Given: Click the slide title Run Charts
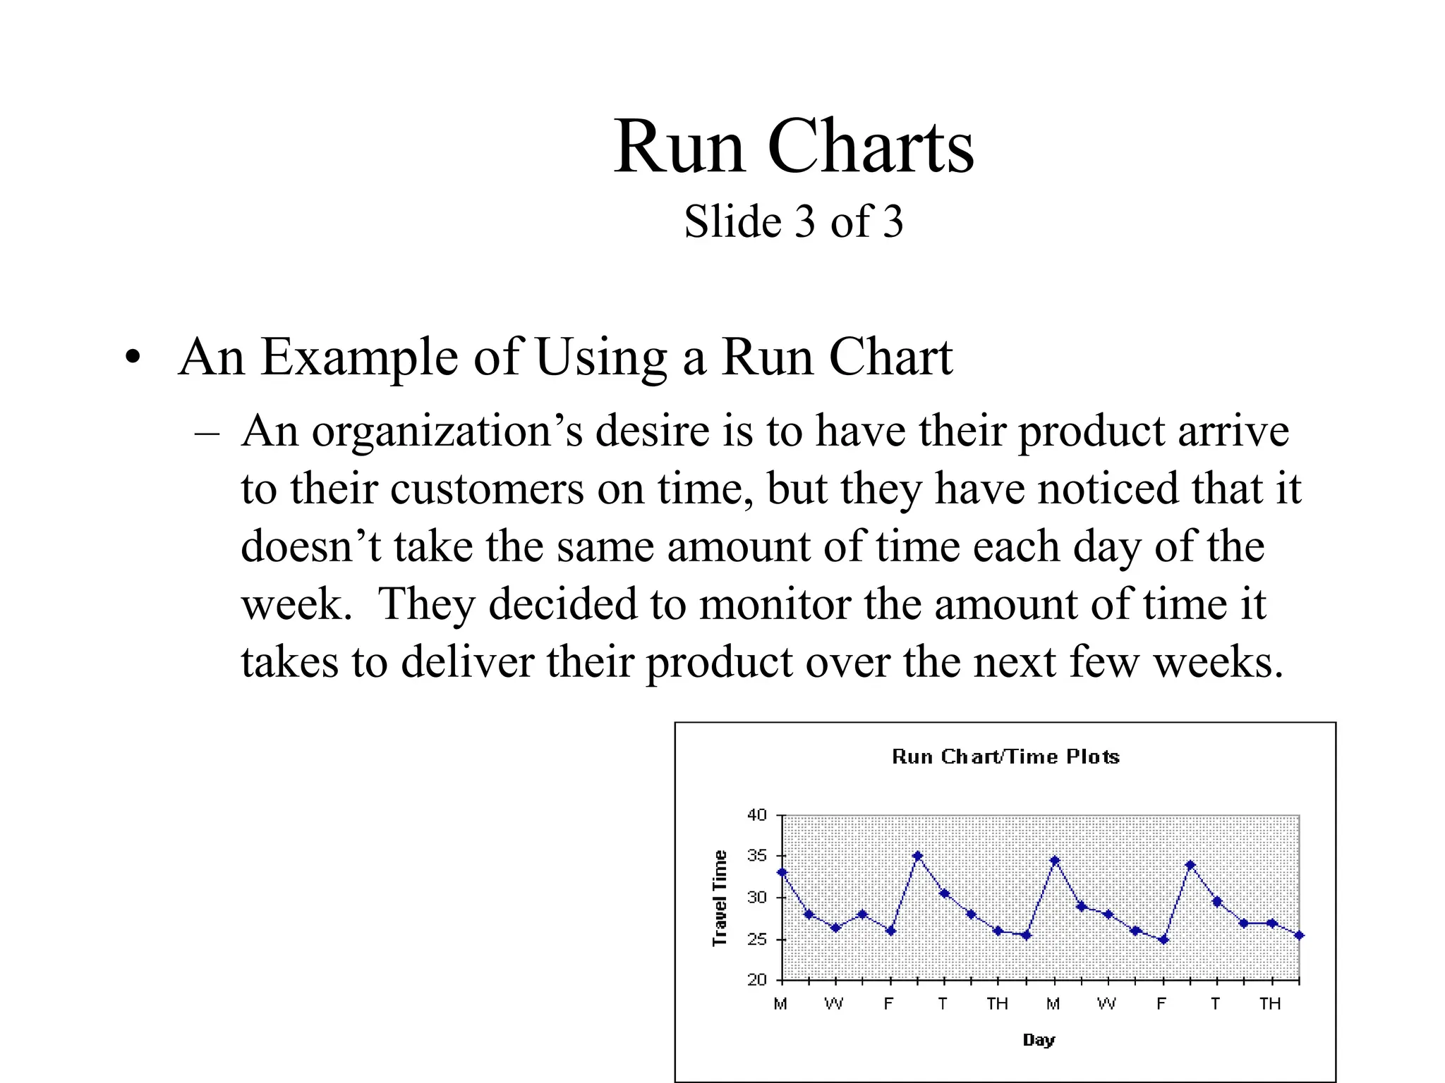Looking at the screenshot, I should (x=793, y=146).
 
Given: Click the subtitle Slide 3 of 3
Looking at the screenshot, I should (x=793, y=221).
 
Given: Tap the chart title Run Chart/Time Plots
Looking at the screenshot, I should (x=1005, y=757).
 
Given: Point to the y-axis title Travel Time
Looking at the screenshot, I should (x=719, y=898).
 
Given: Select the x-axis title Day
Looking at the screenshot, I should (x=1039, y=1039).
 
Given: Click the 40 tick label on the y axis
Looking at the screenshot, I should (x=757, y=815).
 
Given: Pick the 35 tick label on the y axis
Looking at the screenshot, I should (x=757, y=856).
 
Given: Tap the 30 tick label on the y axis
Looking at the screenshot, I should (x=757, y=898).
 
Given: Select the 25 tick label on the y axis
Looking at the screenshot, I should (x=757, y=939).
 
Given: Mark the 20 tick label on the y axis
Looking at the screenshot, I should (x=757, y=979).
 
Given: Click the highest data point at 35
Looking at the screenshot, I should (x=917, y=856).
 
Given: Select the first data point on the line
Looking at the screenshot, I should (x=782, y=872).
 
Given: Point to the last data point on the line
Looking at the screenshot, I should (x=1300, y=936).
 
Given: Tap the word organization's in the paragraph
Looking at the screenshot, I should (x=447, y=432).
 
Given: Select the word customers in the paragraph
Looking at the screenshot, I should (x=487, y=489).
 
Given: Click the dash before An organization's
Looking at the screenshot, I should (x=207, y=433).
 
